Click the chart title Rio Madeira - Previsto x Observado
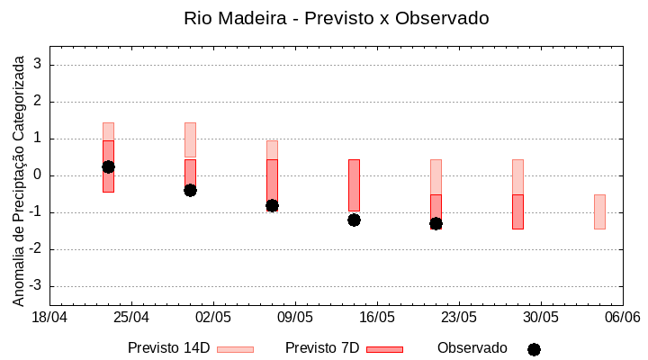pos(337,18)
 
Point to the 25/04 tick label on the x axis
pos(131,318)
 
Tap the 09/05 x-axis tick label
pos(295,318)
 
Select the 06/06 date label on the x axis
pos(622,318)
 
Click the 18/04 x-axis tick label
pos(49,318)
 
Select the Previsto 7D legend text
pos(322,348)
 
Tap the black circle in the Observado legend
pos(534,349)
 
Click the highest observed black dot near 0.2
pos(108,166)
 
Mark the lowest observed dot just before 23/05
pos(436,223)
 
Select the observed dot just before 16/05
pos(354,220)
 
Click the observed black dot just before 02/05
pos(190,190)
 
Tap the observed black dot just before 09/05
pos(272,205)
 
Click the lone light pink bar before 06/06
pos(599,211)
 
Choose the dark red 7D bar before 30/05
pos(517,211)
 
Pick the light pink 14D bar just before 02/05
pos(190,139)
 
